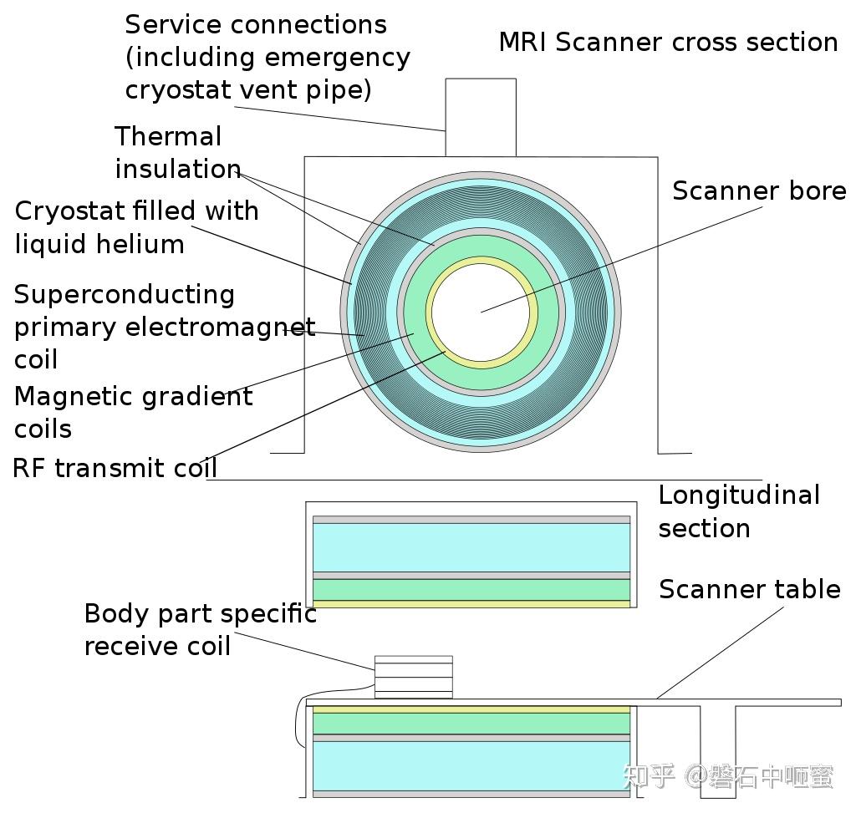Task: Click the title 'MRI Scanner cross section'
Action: pyautogui.click(x=668, y=42)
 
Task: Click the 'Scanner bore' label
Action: pyautogui.click(x=759, y=191)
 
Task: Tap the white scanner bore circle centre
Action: pyautogui.click(x=481, y=312)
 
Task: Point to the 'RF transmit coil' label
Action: pyautogui.click(x=115, y=467)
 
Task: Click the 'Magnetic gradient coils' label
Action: pyautogui.click(x=133, y=411)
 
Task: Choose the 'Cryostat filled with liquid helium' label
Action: pyautogui.click(x=136, y=226)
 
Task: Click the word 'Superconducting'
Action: pyautogui.click(x=125, y=294)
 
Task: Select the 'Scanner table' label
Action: pyautogui.click(x=749, y=589)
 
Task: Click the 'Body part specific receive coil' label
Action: pyautogui.click(x=200, y=629)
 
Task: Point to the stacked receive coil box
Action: pyautogui.click(x=413, y=677)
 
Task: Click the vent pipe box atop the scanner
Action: pyautogui.click(x=480, y=117)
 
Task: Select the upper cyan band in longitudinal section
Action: pyautogui.click(x=471, y=547)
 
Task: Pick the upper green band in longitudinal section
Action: pyautogui.click(x=471, y=589)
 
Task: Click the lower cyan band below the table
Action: pyautogui.click(x=471, y=765)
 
